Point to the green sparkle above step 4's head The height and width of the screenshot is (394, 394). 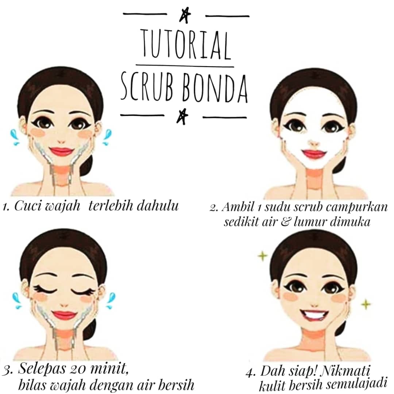[x=263, y=256]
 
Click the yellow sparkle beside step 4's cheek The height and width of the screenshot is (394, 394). [x=366, y=304]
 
